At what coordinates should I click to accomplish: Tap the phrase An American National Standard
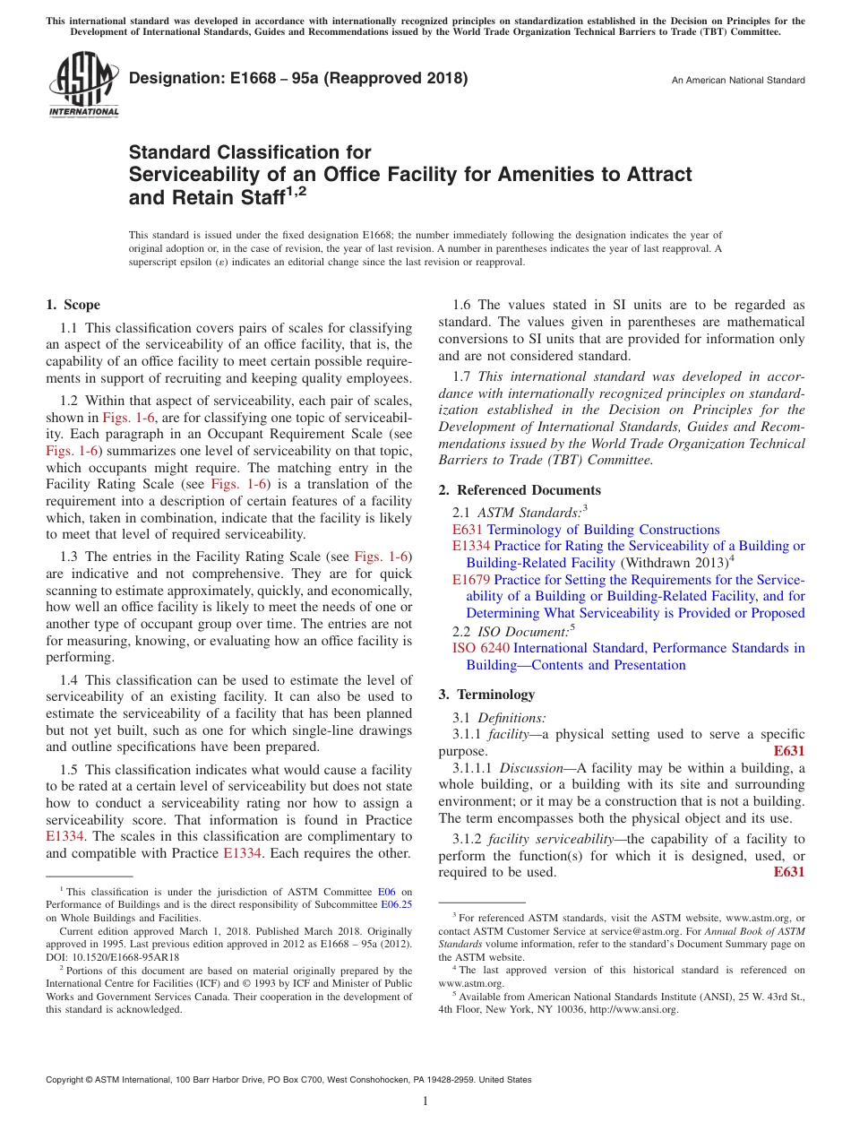pos(737,81)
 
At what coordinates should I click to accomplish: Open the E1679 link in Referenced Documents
pos(470,580)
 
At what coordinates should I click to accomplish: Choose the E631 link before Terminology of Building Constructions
pos(468,530)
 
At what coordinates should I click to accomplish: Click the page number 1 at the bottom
pos(425,1101)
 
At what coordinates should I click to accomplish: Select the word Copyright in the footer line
pos(67,1080)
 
